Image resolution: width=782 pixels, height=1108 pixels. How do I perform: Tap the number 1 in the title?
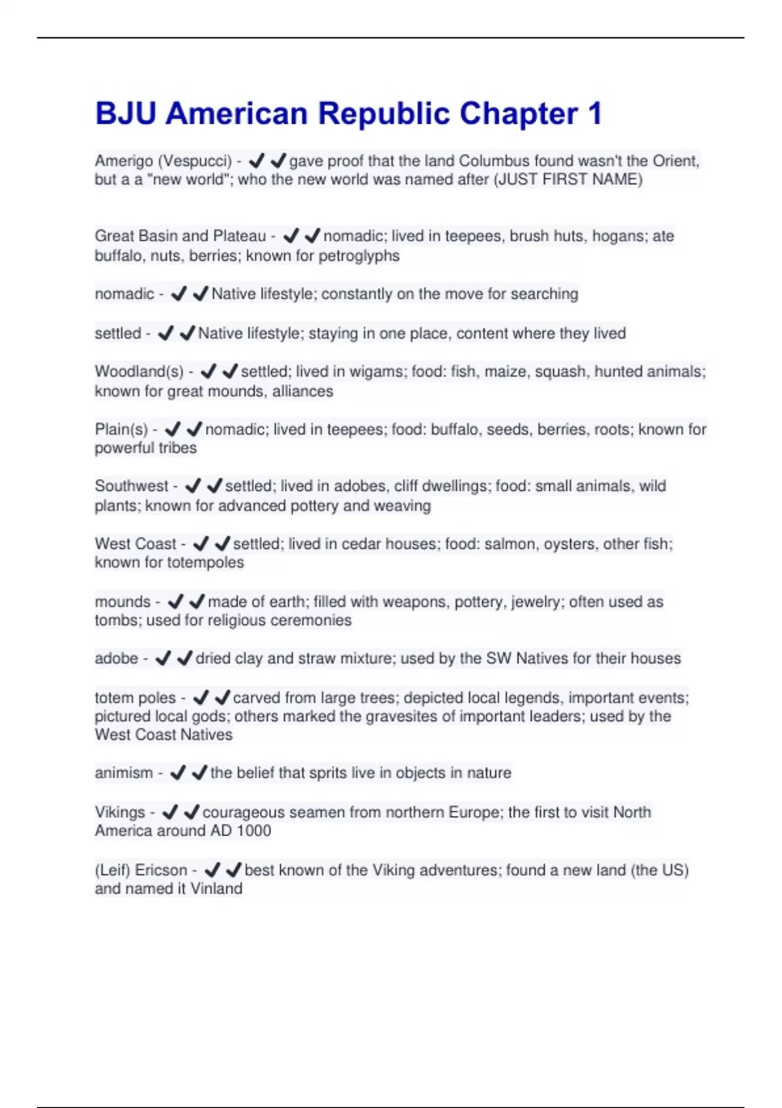coord(594,114)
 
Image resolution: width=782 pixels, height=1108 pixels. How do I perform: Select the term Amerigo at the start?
coord(124,161)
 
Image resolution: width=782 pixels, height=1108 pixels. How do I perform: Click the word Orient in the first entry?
coord(676,161)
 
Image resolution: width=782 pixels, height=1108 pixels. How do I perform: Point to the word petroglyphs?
coord(358,255)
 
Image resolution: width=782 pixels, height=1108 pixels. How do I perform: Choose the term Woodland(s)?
coord(139,372)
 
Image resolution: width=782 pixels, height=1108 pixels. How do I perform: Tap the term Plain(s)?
coord(121,430)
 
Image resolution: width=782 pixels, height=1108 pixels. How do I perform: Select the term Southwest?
coord(132,486)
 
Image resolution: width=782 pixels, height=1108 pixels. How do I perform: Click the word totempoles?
coord(207,562)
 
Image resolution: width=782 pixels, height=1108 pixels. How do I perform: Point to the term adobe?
coord(116,658)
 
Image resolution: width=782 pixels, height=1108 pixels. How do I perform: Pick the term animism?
coord(124,773)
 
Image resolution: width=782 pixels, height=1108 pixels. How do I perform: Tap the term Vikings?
coord(120,813)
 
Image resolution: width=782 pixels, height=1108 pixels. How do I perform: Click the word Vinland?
coord(216,889)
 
